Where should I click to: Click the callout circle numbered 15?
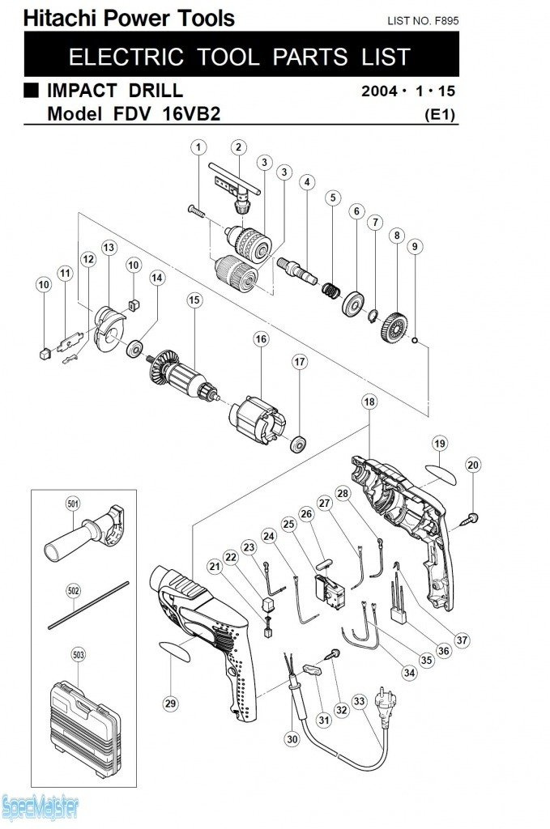(194, 300)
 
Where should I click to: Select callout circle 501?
(74, 504)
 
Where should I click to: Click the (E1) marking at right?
(441, 115)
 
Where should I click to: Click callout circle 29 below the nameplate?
(170, 704)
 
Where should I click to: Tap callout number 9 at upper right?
(414, 246)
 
